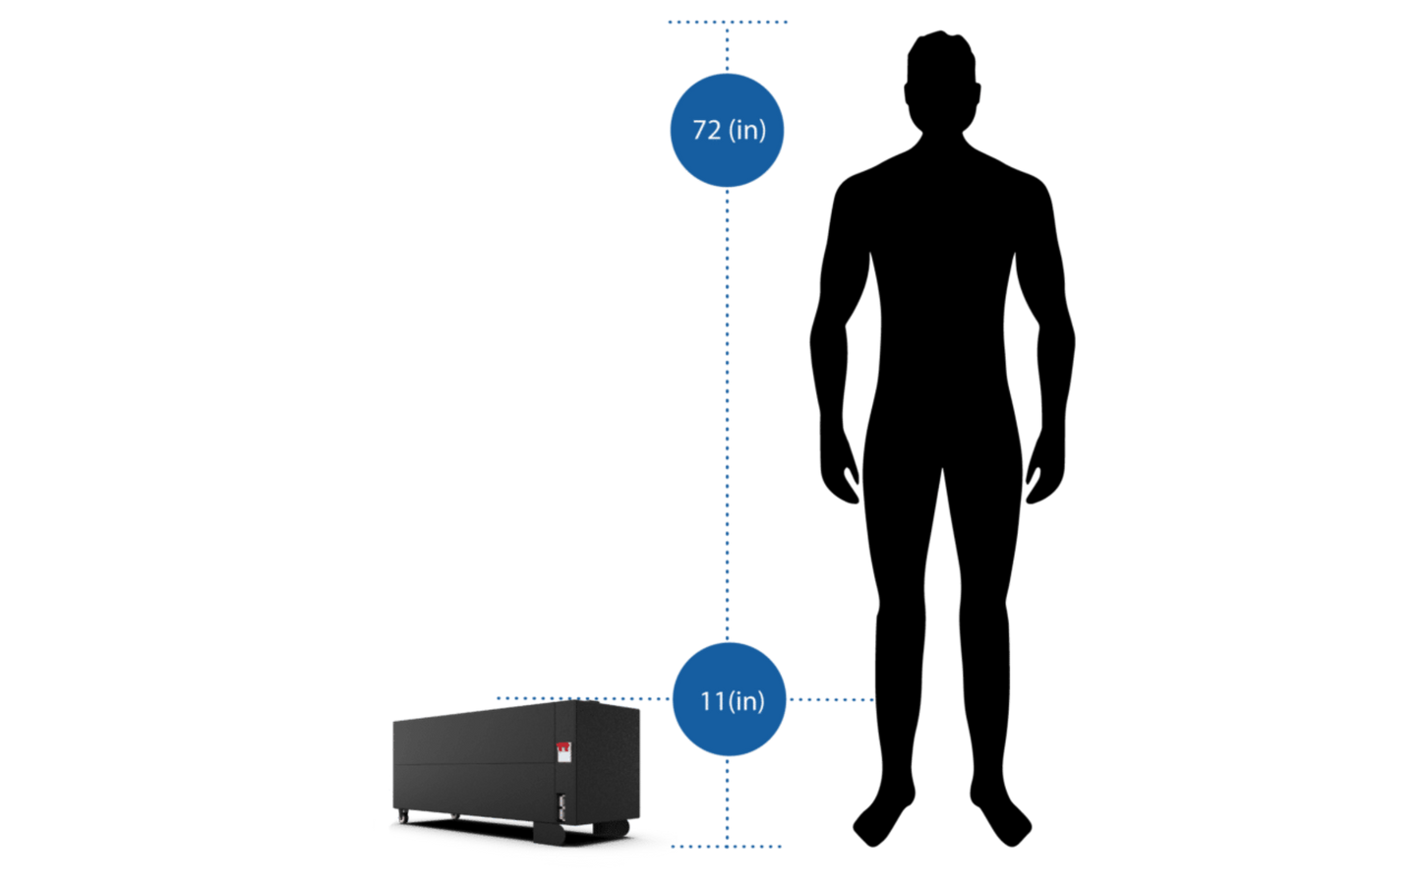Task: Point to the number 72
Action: pyautogui.click(x=707, y=130)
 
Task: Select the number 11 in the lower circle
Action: pyautogui.click(x=712, y=700)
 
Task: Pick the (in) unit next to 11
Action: pyautogui.click(x=745, y=700)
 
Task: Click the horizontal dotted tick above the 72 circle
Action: pyautogui.click(x=728, y=22)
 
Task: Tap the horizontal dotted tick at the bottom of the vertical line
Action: pyautogui.click(x=728, y=846)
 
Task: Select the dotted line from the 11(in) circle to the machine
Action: pyautogui.click(x=580, y=698)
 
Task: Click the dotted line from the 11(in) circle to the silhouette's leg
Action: pyautogui.click(x=831, y=699)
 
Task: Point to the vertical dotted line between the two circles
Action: pyautogui.click(x=728, y=413)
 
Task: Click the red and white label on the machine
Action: pyautogui.click(x=563, y=751)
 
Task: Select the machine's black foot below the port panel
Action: pyautogui.click(x=547, y=834)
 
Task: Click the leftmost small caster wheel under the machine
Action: pyautogui.click(x=401, y=816)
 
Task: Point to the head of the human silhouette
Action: pyautogui.click(x=942, y=79)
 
